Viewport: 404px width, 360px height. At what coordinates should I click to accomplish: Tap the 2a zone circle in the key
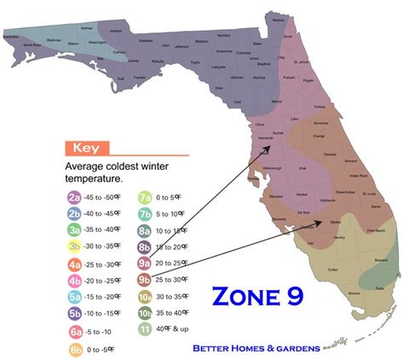coord(74,197)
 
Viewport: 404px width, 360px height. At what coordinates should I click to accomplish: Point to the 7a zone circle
coord(144,197)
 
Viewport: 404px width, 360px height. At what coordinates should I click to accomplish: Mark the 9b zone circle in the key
coord(144,279)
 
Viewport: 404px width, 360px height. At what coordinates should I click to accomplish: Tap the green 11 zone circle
coord(144,329)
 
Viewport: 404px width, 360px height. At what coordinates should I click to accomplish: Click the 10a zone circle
coord(144,296)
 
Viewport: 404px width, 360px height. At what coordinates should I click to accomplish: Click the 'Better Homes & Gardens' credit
coord(256,348)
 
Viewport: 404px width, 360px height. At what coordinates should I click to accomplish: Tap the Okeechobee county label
coord(343,193)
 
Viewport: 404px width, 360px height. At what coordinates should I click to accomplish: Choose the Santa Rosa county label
coord(30,43)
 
